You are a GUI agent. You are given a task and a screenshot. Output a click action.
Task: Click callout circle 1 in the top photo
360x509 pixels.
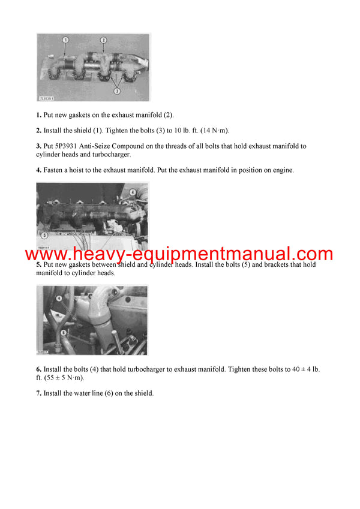coord(65,40)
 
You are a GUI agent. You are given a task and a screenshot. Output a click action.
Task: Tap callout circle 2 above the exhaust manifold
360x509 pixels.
coord(103,40)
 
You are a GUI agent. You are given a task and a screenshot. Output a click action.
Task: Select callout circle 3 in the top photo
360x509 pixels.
coord(117,91)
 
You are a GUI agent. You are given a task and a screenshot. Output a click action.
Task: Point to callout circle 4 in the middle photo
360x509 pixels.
coord(132,192)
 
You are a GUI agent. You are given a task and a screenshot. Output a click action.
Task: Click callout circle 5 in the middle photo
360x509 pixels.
coord(44,235)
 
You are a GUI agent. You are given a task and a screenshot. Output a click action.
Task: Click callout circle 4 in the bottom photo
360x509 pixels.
coord(59,297)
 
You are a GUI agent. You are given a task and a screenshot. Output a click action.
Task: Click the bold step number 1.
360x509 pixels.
coord(38,115)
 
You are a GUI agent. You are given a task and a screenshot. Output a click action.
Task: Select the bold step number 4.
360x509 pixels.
coord(38,170)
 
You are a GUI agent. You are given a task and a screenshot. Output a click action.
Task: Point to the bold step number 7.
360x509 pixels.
coord(38,393)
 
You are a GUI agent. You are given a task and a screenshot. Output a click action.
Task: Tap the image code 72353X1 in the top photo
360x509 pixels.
coord(47,97)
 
